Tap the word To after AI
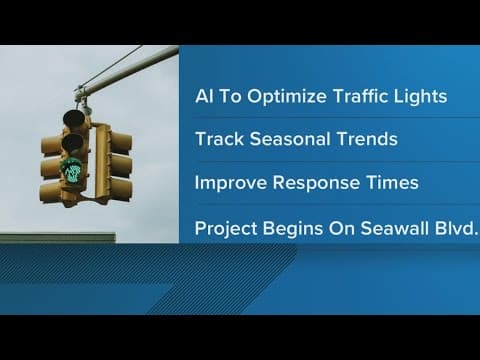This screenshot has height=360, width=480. (x=236, y=96)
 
